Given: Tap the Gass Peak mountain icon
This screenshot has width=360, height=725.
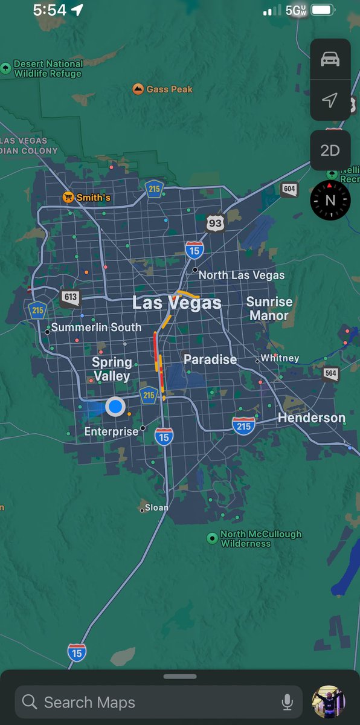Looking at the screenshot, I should [138, 89].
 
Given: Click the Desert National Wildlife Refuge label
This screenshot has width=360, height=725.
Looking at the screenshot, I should [48, 69].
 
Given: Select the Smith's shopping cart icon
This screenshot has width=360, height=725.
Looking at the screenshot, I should [69, 198].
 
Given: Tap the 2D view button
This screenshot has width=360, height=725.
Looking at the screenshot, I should [330, 150].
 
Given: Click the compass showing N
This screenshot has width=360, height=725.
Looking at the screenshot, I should [330, 200].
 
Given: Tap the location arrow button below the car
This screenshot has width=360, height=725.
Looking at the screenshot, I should [330, 100].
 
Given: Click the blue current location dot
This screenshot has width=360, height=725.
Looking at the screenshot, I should [115, 407].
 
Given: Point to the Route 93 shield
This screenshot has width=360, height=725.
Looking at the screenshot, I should [214, 222].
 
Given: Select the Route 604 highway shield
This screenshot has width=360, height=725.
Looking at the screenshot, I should [289, 190].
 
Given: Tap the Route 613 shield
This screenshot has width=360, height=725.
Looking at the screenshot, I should [70, 297].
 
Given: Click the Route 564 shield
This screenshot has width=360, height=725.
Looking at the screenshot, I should [330, 373].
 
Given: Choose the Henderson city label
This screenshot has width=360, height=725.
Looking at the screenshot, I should [311, 418].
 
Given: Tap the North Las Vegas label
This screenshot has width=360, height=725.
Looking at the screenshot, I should [241, 275].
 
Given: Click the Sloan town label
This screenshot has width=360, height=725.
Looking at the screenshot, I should [156, 507].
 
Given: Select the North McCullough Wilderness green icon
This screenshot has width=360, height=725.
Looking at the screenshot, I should [212, 538].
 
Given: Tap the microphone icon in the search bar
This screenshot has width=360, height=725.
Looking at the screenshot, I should [288, 702].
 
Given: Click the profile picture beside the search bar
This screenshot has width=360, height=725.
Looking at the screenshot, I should [328, 702].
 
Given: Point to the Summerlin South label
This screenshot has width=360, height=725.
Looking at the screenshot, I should [96, 327].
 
